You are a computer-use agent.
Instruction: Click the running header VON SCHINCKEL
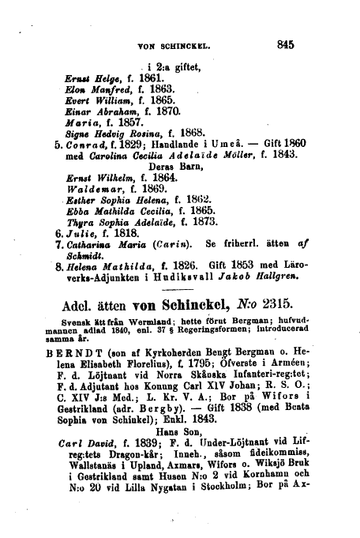tap(171, 47)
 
